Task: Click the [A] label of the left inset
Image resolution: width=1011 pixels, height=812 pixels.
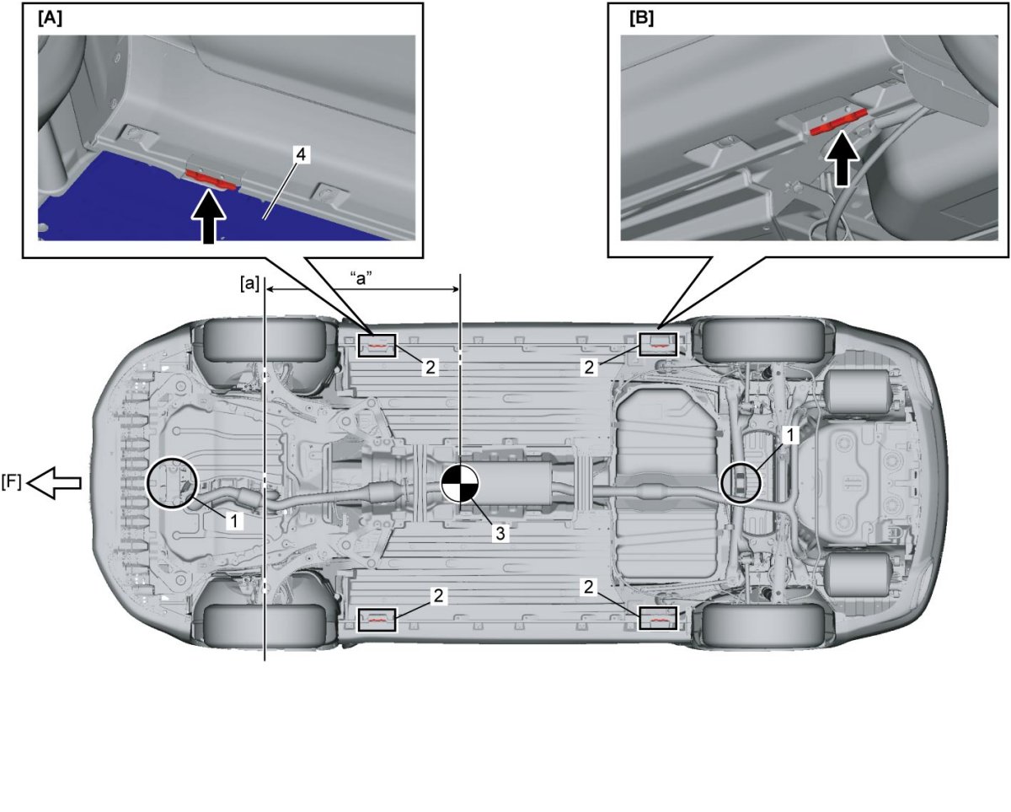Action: (x=49, y=19)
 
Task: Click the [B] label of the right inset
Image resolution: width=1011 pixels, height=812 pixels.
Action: (x=640, y=19)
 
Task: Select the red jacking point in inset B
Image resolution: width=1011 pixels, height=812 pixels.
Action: (x=838, y=125)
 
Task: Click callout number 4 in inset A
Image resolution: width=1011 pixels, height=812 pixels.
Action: (x=301, y=155)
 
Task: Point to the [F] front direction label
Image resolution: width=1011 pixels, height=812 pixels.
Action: (x=12, y=482)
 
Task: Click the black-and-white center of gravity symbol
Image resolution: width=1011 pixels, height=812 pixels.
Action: (x=460, y=483)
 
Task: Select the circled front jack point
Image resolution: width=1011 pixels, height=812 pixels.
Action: (x=172, y=483)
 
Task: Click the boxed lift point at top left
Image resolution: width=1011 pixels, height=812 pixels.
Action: (x=377, y=345)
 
